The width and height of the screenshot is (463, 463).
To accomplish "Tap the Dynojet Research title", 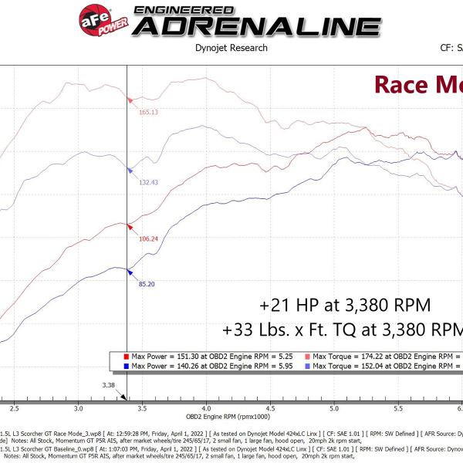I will [x=231, y=48].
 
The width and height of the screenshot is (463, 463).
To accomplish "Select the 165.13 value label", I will [x=148, y=112].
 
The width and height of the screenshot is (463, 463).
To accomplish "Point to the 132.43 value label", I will [x=147, y=182].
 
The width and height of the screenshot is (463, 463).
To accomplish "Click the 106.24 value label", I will [x=147, y=238].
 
